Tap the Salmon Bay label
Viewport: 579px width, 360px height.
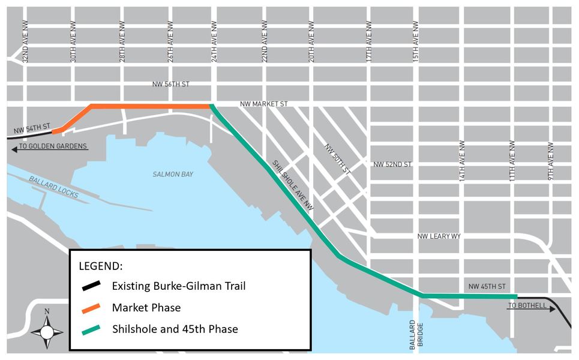click(173, 174)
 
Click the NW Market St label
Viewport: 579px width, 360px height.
click(264, 104)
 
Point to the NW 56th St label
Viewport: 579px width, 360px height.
click(172, 85)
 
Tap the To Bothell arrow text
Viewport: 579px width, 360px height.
click(526, 305)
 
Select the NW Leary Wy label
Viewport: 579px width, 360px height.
click(439, 237)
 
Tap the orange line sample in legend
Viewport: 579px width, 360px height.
click(94, 307)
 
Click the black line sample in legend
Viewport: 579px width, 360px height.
click(94, 286)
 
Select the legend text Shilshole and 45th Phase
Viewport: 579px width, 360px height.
click(175, 329)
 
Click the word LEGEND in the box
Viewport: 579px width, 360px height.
click(101, 265)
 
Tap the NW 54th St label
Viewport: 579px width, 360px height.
click(32, 130)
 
